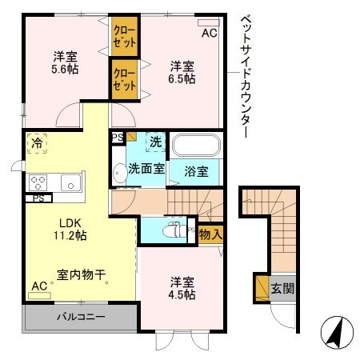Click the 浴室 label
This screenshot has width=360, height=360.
[197, 170]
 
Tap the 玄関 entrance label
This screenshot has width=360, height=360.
[281, 287]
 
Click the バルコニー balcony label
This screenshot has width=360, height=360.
[80, 318]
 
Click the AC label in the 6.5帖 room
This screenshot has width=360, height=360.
[209, 33]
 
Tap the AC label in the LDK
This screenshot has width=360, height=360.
[38, 286]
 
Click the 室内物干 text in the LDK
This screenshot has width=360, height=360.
[82, 274]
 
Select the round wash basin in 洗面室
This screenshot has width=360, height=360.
[118, 170]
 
